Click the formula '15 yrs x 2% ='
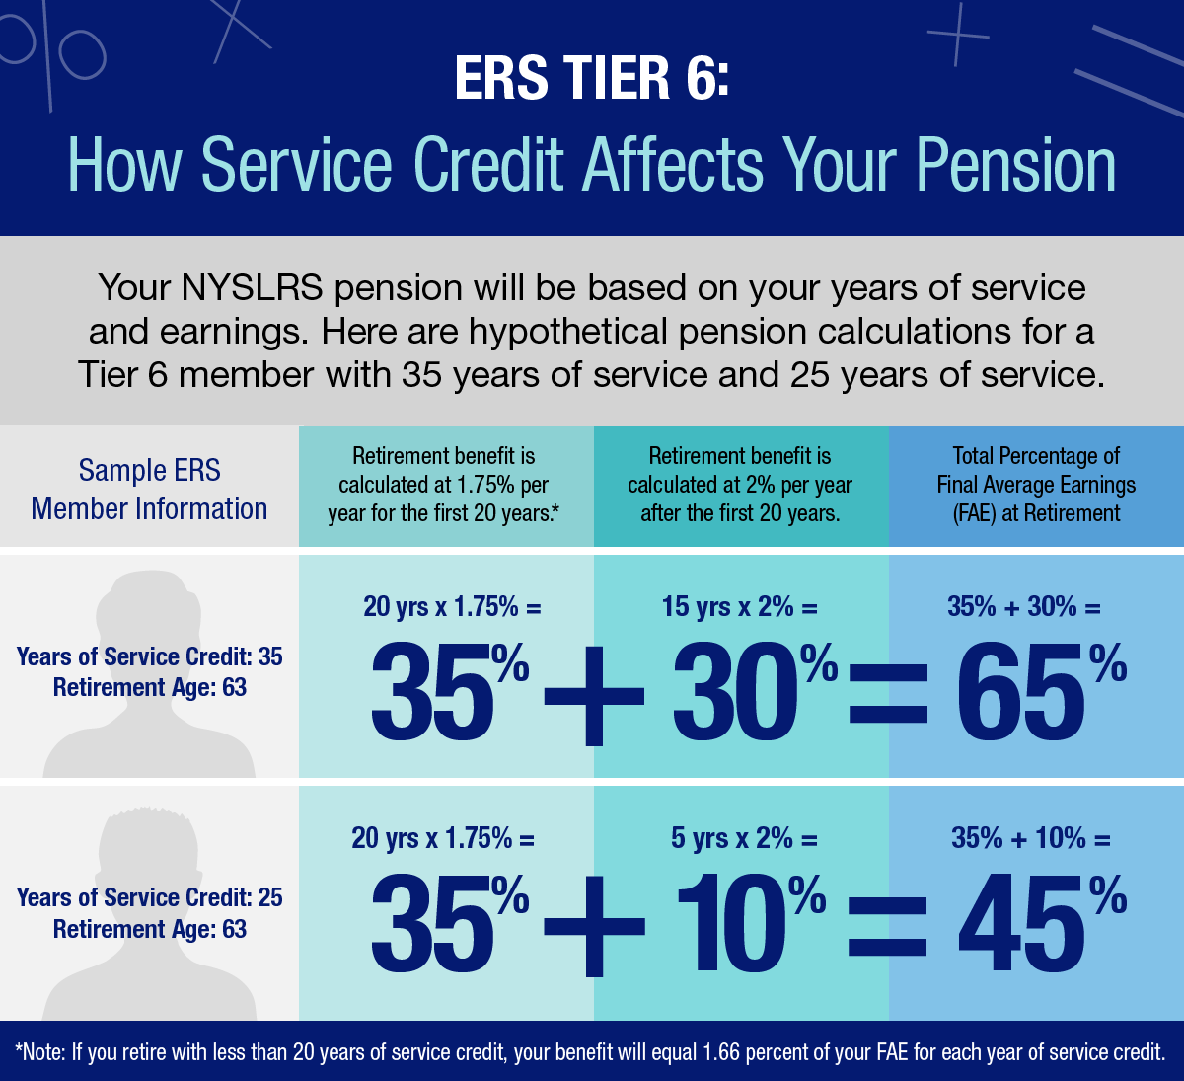(740, 606)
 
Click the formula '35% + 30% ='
(1023, 606)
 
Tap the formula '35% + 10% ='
(1030, 838)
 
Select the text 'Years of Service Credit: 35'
(149, 656)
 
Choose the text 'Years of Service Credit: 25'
(149, 897)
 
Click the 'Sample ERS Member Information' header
(149, 489)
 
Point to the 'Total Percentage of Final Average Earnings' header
(1036, 484)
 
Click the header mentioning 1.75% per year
(444, 484)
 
